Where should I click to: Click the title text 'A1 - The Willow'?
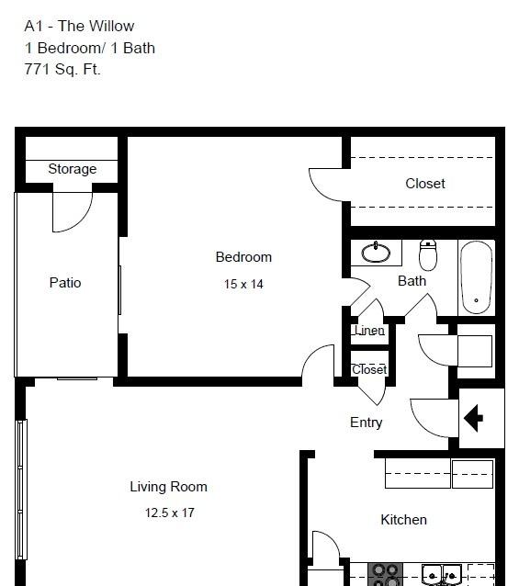tap(79, 26)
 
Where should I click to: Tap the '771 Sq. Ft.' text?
tap(62, 70)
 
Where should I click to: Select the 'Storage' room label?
tap(73, 169)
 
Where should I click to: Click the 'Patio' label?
tap(65, 283)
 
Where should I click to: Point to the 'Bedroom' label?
tap(243, 257)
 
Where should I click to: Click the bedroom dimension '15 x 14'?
tap(243, 284)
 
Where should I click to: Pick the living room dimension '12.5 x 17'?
tap(170, 513)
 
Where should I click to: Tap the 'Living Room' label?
tap(168, 487)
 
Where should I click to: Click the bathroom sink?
tap(376, 253)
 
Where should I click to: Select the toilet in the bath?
tap(428, 255)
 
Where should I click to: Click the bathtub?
tap(476, 277)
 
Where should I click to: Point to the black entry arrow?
tap(473, 418)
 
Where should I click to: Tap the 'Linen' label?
tap(369, 331)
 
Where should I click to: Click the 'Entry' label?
tap(367, 423)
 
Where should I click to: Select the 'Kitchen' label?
tap(403, 520)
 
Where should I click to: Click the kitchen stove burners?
tap(386, 575)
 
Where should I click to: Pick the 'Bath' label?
tap(412, 281)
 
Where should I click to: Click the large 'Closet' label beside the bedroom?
tap(425, 184)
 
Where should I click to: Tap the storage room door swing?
tap(73, 212)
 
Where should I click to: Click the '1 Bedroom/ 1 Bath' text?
tap(90, 48)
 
